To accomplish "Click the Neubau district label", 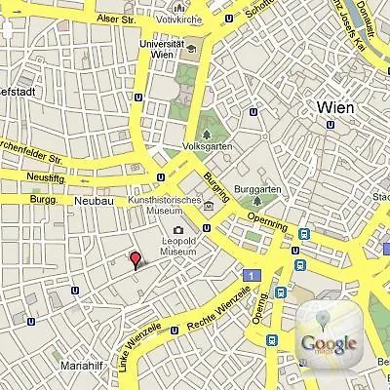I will tap(95, 201).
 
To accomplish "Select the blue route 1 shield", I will tap(252, 277).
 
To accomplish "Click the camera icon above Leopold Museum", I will tap(178, 229).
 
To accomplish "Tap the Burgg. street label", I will tap(46, 197).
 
